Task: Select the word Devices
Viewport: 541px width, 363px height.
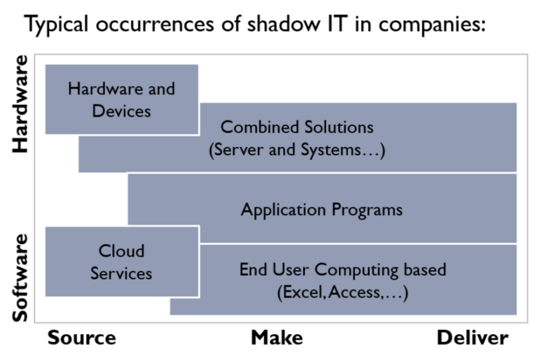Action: [x=121, y=111]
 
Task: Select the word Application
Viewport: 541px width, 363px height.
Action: [x=283, y=210]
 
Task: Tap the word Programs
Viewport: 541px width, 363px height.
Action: [x=366, y=210]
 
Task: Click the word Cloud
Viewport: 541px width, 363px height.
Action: [x=121, y=251]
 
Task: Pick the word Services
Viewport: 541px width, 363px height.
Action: [x=121, y=274]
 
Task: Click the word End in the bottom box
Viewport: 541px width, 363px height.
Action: [x=252, y=270]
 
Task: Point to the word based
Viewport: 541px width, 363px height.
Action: [x=426, y=270]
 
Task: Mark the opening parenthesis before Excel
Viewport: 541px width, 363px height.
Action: [x=279, y=293]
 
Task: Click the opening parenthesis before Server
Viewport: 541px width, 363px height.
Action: [x=211, y=151]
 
